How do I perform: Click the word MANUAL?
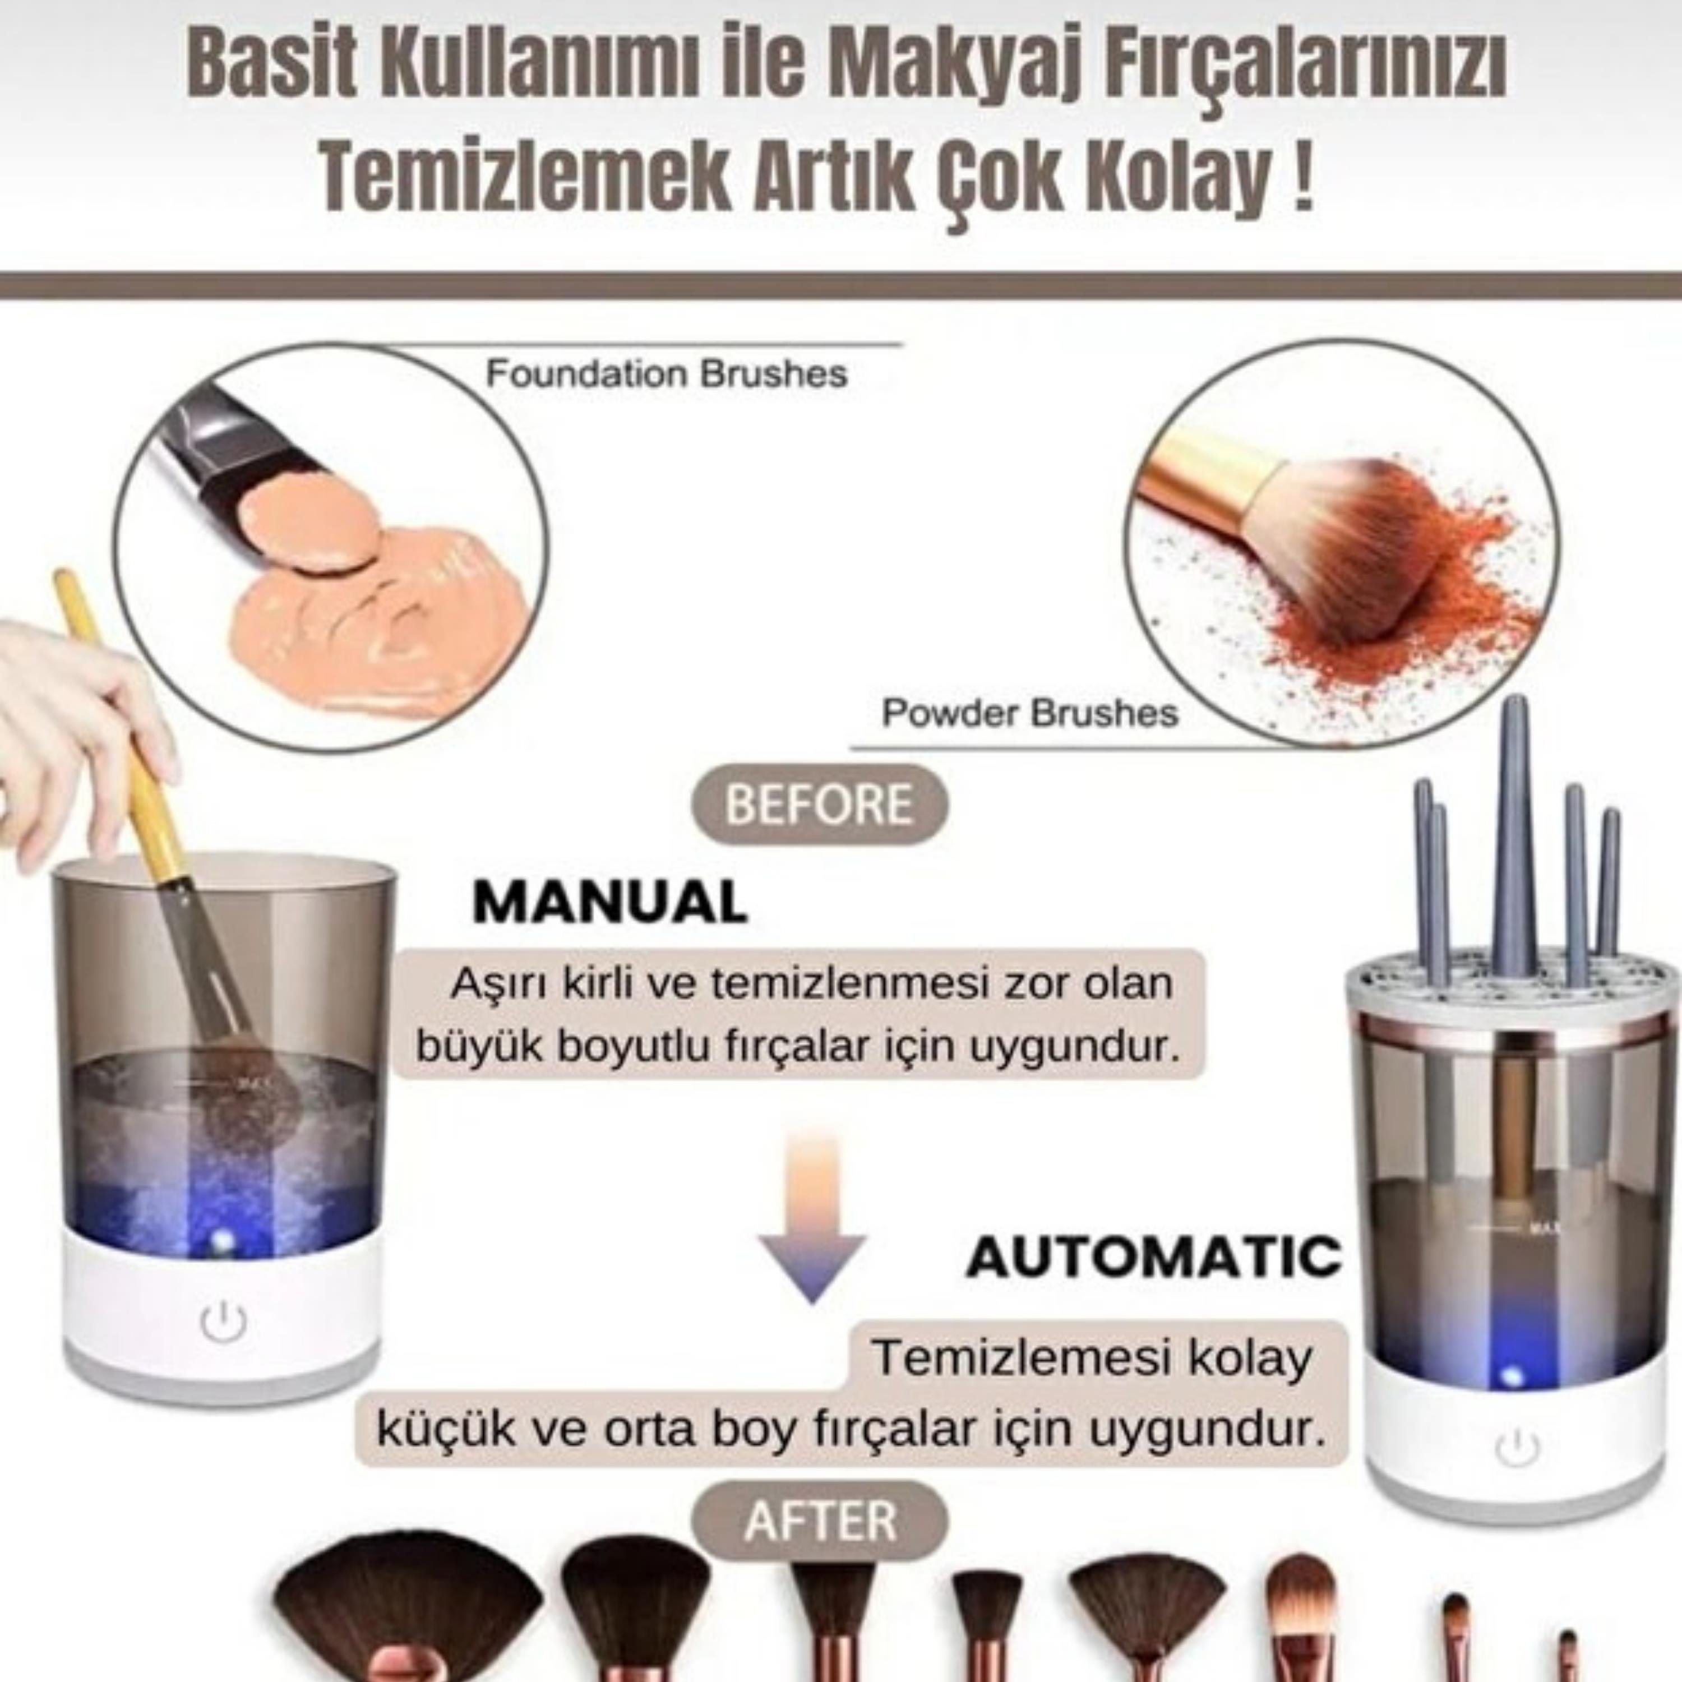click(x=609, y=902)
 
